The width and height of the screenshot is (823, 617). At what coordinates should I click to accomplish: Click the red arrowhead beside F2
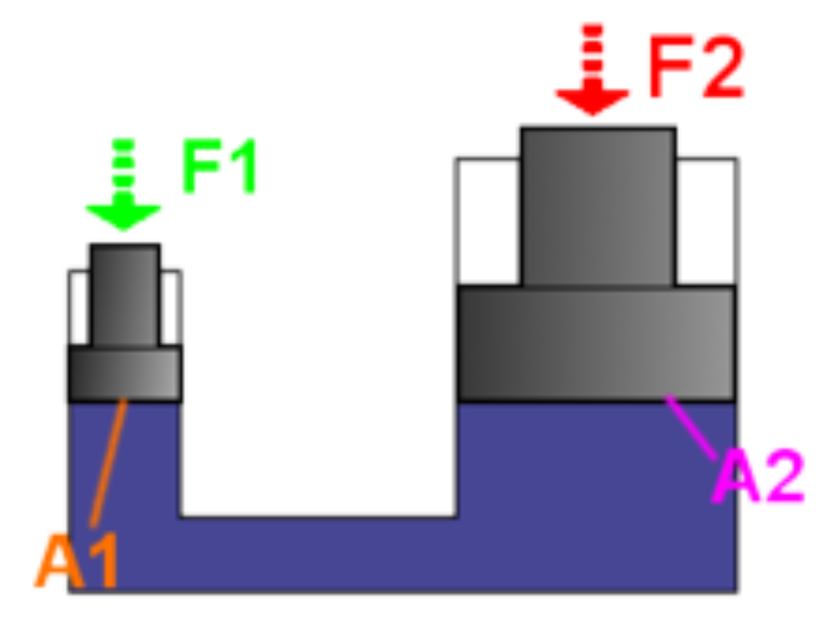(593, 100)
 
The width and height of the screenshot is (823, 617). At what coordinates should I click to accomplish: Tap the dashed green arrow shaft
(123, 165)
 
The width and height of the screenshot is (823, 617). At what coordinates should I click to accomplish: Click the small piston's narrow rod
(125, 295)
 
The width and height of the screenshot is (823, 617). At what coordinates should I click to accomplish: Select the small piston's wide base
(125, 373)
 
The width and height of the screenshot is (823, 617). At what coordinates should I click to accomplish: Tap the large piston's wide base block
(597, 343)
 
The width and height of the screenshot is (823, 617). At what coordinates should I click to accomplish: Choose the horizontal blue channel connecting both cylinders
(319, 554)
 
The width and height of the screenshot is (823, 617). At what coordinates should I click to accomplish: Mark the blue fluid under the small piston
(147, 459)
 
